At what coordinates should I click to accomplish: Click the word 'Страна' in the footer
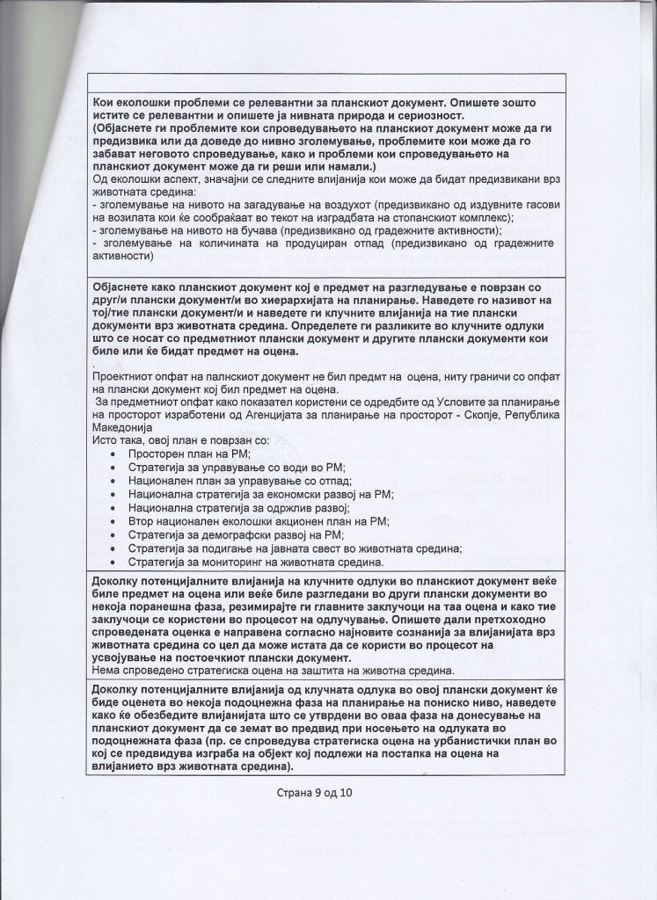click(x=295, y=793)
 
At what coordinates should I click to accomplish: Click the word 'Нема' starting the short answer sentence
click(x=108, y=670)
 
